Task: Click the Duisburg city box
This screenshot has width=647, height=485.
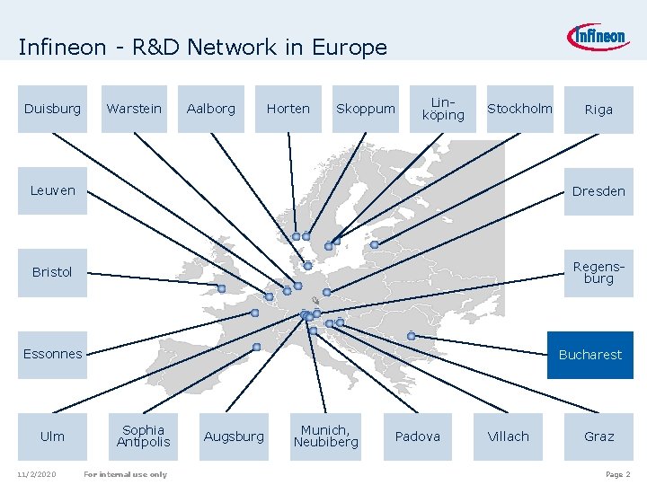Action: (52, 109)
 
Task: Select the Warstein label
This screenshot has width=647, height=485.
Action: (134, 109)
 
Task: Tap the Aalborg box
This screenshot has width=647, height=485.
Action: (210, 109)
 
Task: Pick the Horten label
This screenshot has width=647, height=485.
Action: (288, 109)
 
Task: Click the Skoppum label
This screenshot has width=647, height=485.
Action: (365, 109)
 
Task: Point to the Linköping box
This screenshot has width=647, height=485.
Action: (443, 109)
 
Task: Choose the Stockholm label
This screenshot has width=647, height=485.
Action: (519, 109)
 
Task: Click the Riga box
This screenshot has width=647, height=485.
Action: (598, 110)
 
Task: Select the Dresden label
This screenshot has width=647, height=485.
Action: (598, 191)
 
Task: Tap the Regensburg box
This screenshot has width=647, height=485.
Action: (598, 272)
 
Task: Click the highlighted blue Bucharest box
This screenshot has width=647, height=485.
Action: (590, 355)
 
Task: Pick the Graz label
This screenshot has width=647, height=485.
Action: (598, 436)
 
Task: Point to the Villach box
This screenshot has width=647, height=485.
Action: (509, 436)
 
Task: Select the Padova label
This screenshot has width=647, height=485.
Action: (418, 436)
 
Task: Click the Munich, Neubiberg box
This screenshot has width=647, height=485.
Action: (325, 436)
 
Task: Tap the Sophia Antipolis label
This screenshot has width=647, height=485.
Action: (143, 436)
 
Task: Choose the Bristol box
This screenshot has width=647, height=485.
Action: (52, 272)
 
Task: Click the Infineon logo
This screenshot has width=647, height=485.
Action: (598, 37)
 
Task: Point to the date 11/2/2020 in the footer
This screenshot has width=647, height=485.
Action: (36, 474)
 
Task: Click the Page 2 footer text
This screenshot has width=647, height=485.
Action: (618, 474)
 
